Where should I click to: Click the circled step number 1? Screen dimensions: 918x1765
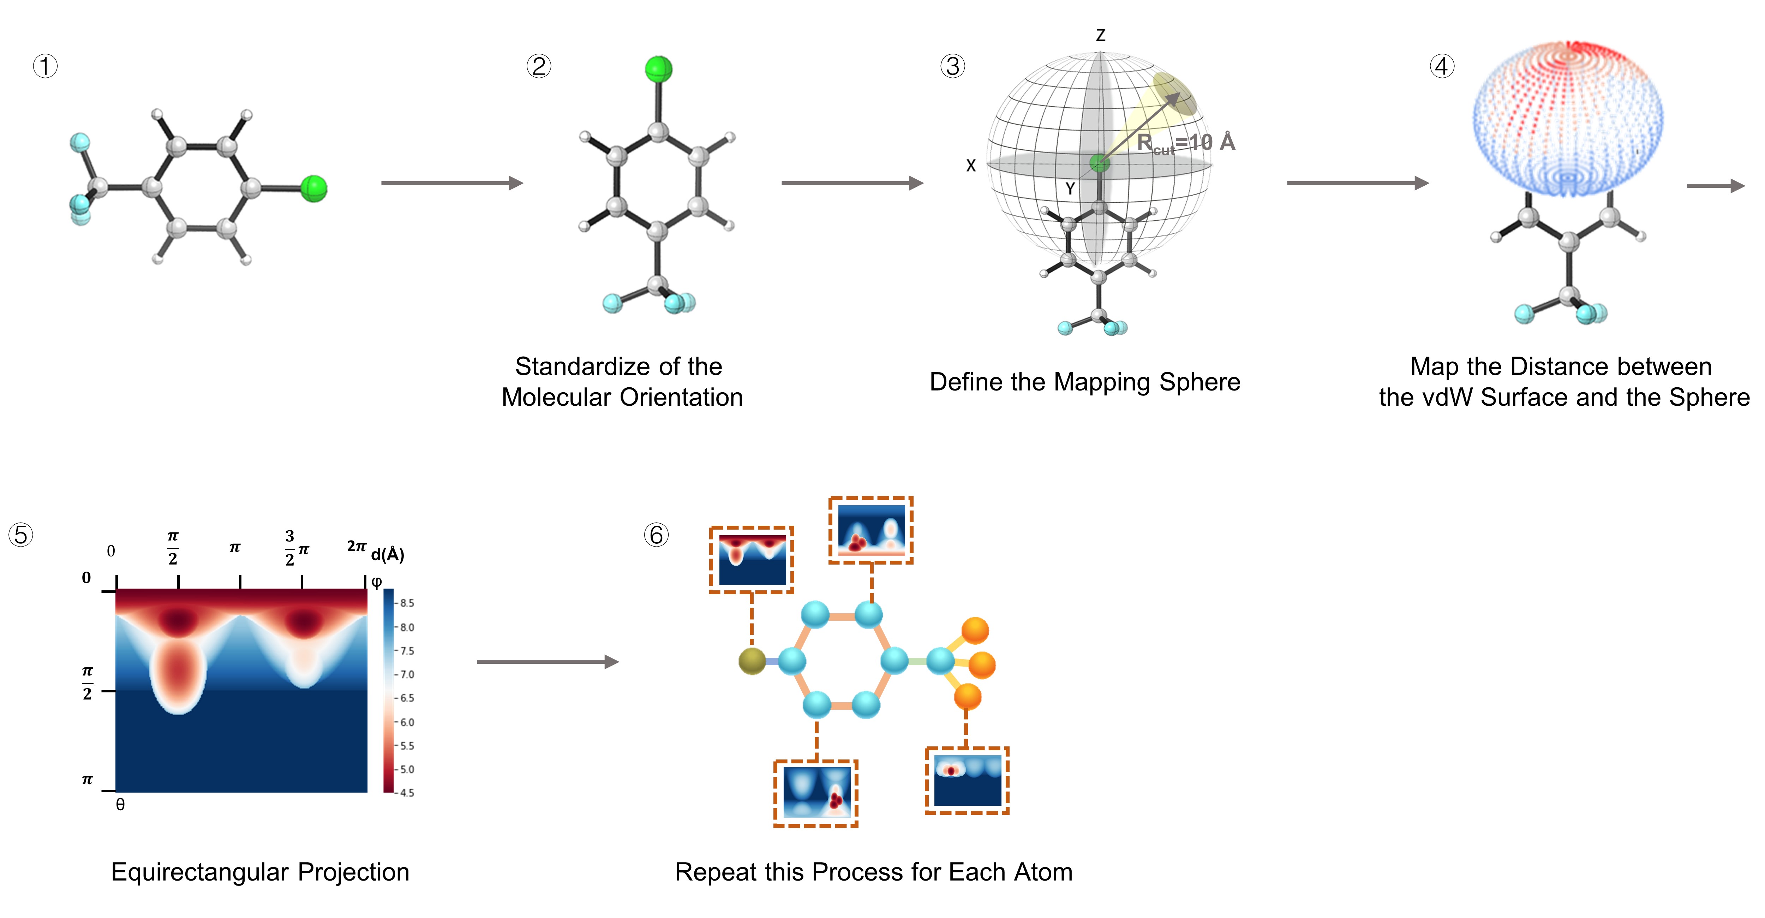tap(45, 66)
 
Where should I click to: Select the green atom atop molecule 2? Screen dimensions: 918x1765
tap(658, 69)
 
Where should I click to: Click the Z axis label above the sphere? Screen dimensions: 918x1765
tap(1100, 35)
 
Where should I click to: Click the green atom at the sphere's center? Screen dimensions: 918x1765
tap(1099, 163)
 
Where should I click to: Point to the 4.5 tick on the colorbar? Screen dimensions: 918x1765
tap(407, 793)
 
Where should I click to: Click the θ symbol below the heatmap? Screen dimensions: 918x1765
tap(121, 805)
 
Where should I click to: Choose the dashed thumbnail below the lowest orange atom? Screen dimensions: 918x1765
tap(967, 780)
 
